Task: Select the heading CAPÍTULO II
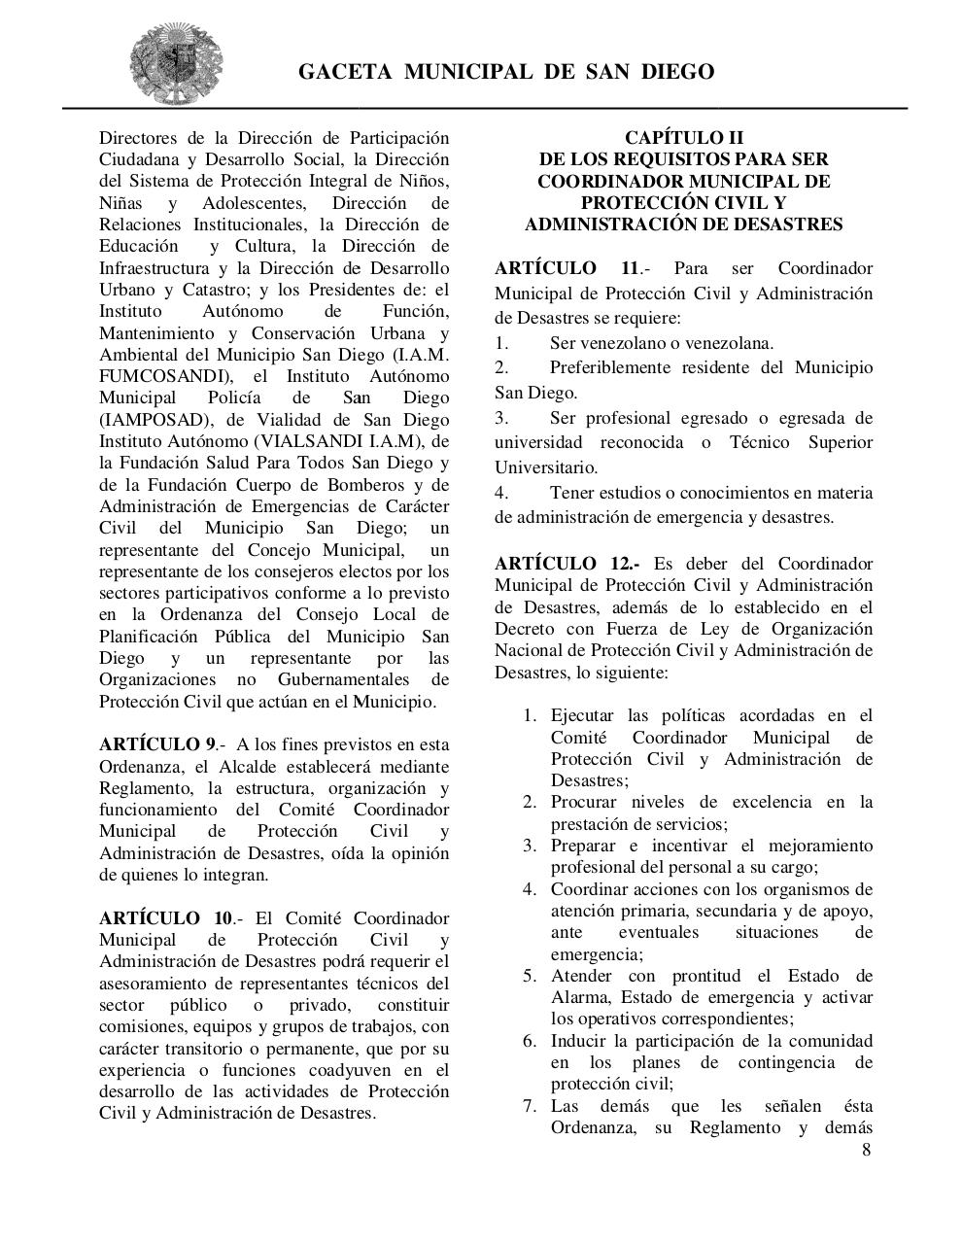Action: click(683, 137)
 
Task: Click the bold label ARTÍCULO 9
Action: click(157, 744)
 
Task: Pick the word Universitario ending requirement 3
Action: click(545, 467)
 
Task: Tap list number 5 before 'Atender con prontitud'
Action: click(530, 976)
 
